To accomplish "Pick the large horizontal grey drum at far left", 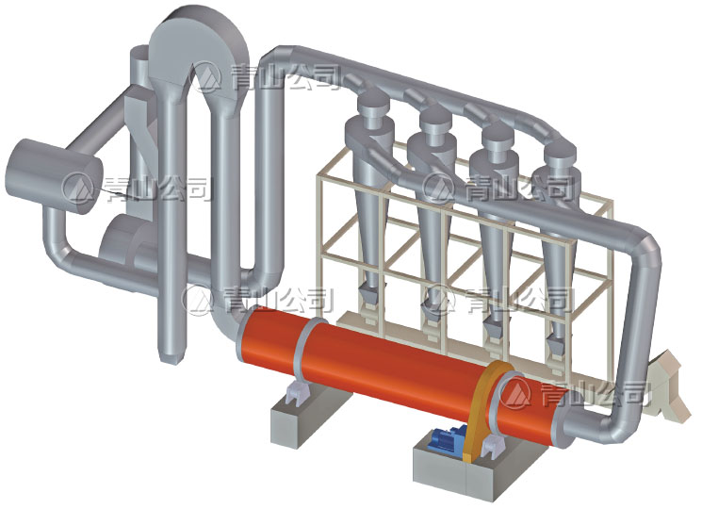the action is (x=53, y=175).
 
